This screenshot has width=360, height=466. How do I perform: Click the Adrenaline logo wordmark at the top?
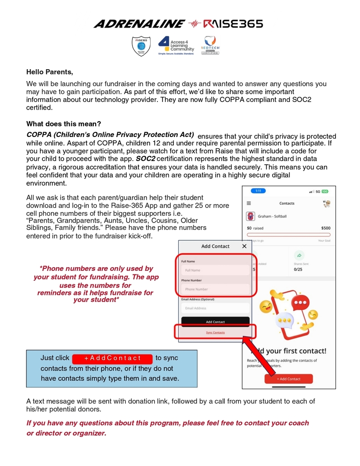(139, 24)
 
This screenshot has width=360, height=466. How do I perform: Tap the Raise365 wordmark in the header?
(233, 24)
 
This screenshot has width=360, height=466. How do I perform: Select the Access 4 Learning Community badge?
(176, 46)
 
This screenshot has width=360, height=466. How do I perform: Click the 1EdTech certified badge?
(210, 46)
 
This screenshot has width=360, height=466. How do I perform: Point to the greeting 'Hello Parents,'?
(50, 72)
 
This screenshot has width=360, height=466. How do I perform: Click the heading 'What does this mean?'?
(64, 124)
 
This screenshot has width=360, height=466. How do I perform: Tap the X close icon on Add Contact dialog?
(244, 246)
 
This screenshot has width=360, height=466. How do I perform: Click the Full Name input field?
(215, 270)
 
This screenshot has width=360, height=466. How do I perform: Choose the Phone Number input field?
(215, 289)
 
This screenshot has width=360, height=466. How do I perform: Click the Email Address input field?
(215, 308)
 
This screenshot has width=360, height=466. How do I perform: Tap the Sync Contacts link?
(215, 333)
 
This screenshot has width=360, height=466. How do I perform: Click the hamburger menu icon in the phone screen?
(249, 203)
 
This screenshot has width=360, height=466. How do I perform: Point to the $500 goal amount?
(325, 228)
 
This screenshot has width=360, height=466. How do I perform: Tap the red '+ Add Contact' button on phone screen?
(289, 379)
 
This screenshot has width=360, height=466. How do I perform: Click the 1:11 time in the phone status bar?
(258, 191)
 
